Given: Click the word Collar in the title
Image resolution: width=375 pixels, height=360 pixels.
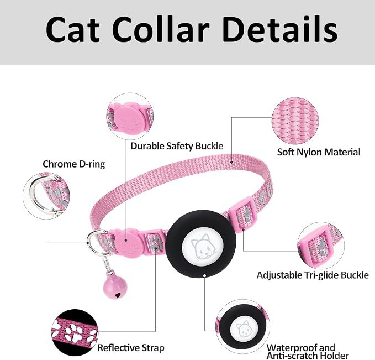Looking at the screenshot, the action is pyautogui.click(x=161, y=29).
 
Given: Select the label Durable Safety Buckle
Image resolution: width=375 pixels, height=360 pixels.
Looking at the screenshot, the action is pyautogui.click(x=177, y=146).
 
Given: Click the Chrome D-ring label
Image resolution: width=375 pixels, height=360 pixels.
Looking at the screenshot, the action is pyautogui.click(x=73, y=164).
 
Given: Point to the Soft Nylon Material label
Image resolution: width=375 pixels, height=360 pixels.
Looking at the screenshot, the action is pyautogui.click(x=319, y=152).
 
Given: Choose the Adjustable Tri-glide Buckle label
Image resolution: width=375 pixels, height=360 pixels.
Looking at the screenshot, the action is pyautogui.click(x=313, y=275).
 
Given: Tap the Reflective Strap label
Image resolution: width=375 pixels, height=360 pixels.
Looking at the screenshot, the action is pyautogui.click(x=131, y=347).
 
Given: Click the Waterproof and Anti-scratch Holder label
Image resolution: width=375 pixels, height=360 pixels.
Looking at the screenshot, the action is pyautogui.click(x=308, y=351).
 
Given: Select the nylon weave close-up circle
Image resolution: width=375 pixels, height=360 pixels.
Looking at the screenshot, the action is pyautogui.click(x=295, y=121).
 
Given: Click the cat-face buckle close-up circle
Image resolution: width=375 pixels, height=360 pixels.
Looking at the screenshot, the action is pyautogui.click(x=130, y=117).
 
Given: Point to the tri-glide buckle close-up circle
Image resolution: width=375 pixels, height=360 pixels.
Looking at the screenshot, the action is pyautogui.click(x=321, y=246).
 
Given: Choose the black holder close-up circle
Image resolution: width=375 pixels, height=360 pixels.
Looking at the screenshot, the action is pyautogui.click(x=242, y=326).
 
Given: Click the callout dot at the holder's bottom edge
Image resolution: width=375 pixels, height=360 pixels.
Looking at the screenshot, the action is pyautogui.click(x=205, y=276).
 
